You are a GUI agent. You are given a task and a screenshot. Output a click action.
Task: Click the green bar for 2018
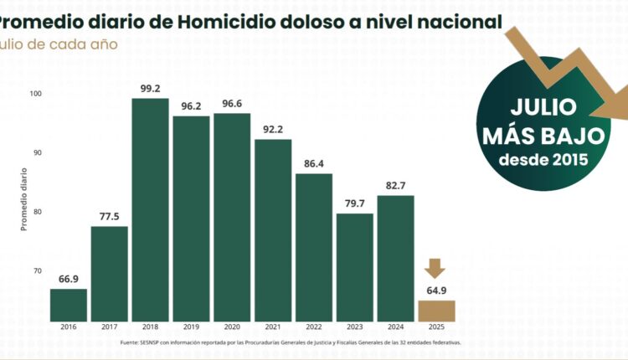[150, 209]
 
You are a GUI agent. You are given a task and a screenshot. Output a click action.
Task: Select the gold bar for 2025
[436, 311]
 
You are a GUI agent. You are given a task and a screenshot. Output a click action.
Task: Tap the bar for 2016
[69, 305]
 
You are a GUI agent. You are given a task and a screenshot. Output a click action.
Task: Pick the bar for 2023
[354, 267]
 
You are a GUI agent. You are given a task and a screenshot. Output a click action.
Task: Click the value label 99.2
[150, 87]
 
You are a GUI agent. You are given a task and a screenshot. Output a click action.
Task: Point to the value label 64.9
[436, 291]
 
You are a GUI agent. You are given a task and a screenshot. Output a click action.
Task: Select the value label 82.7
[395, 185]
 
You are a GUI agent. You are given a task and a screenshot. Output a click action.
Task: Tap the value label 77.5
[109, 216]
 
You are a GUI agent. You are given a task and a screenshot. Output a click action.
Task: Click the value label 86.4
[313, 163]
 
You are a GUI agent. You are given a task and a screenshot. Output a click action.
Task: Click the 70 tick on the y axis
[36, 271]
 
